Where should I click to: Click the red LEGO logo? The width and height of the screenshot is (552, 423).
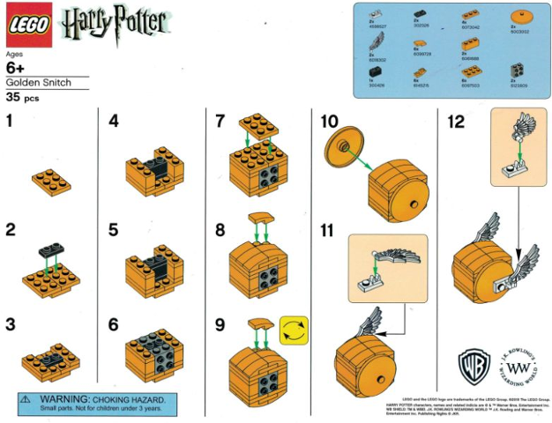tap(29, 28)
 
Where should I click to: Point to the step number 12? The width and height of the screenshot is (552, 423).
tap(455, 120)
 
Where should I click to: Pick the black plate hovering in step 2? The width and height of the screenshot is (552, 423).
tap(51, 252)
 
